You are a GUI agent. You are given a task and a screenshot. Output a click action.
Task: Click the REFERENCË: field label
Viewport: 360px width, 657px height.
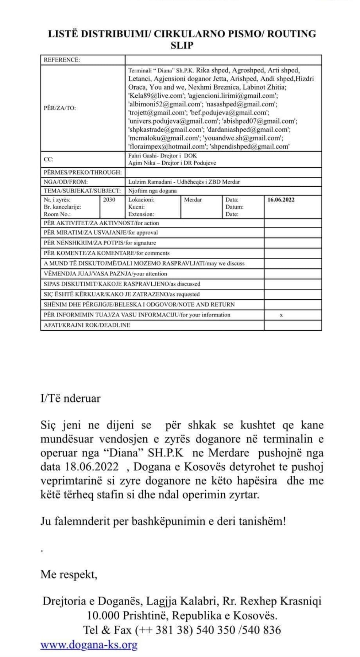point(62,60)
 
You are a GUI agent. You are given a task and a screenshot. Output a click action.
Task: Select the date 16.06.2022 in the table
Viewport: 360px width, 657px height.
point(281,200)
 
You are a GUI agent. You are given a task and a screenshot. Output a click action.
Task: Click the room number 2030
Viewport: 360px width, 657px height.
point(109,200)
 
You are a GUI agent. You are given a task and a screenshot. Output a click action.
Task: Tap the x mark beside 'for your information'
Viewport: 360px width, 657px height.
point(281,315)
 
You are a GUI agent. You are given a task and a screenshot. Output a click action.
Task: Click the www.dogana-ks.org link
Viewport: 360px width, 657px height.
point(89,645)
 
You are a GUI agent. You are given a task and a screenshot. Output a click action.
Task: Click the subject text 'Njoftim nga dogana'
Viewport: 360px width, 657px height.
point(152,191)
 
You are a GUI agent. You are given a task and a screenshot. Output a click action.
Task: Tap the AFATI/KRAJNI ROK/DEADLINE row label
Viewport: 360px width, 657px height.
point(87,325)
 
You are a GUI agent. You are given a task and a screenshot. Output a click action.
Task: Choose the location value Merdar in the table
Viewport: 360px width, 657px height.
point(193,200)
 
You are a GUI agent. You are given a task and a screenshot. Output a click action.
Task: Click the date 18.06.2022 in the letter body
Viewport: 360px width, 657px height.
point(92,467)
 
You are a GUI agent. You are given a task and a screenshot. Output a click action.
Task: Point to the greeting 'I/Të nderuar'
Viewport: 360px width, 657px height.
point(70,398)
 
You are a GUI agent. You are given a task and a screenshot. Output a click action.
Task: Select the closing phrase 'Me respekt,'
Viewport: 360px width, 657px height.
point(69,575)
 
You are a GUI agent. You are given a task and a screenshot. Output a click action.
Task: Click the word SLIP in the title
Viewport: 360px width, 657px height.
point(182,46)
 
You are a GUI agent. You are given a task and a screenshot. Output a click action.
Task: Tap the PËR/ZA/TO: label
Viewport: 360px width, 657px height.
point(60,108)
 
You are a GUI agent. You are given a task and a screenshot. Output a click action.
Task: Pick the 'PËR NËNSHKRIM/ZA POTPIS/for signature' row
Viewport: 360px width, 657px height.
point(100,243)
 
